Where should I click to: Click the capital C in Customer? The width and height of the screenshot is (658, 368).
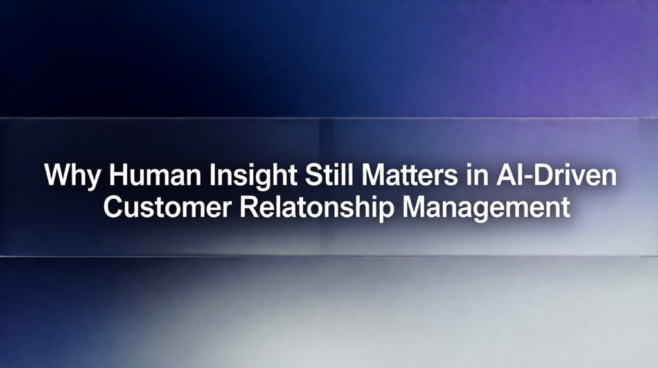pos(114,208)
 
